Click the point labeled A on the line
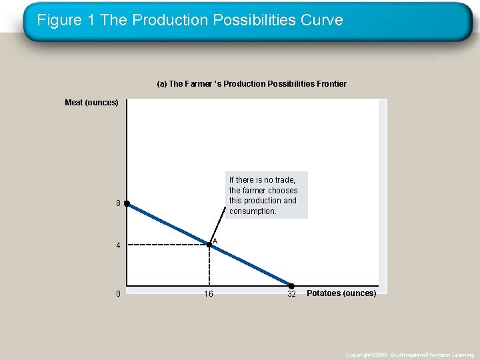[x=209, y=245]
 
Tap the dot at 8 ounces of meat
[x=127, y=204]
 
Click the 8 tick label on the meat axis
[x=118, y=204]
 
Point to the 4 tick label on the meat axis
[x=118, y=245]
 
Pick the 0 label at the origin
[x=118, y=294]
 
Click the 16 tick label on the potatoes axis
[x=209, y=294]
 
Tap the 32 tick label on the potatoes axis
[x=291, y=294]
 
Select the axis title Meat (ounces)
[x=91, y=103]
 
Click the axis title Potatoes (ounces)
[x=341, y=293]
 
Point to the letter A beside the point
[x=215, y=241]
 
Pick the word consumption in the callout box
[x=253, y=211]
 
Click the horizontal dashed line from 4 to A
[x=167, y=245]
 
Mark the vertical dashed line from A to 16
[x=209, y=267]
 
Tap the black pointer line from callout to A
[x=218, y=229]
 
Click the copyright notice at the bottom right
[x=410, y=355]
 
